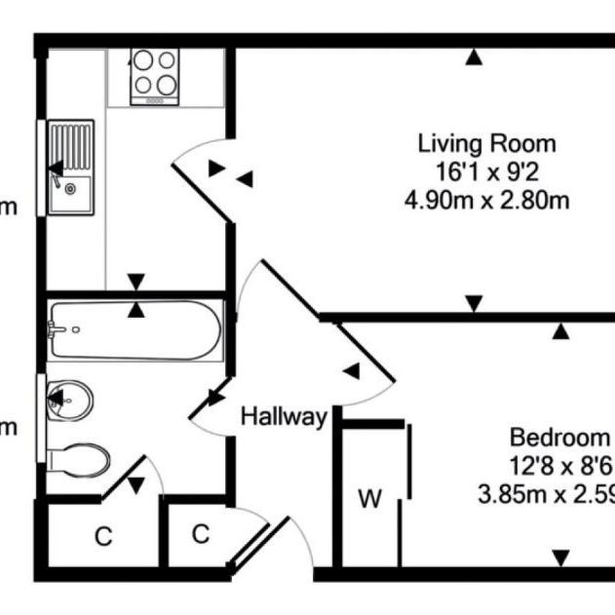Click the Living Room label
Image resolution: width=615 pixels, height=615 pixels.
(486, 144)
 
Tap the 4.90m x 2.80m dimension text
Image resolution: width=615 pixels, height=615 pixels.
(486, 202)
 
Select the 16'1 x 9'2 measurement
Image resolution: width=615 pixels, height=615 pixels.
(486, 173)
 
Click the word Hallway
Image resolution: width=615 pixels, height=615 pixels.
(284, 417)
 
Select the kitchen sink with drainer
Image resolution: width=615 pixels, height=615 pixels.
(71, 168)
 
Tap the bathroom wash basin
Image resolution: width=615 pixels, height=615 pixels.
(70, 400)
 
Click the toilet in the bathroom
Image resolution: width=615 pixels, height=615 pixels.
(78, 459)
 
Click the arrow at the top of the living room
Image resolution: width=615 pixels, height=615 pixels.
(474, 58)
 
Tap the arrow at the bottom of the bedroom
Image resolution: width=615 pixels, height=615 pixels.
(561, 558)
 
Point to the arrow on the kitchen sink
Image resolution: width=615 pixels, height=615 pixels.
(57, 169)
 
